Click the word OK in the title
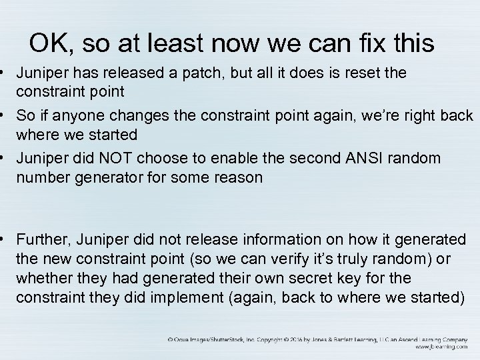pyautogui.click(x=46, y=44)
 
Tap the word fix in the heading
pyautogui.click(x=371, y=44)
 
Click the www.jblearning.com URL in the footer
pyautogui.click(x=440, y=346)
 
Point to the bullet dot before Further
pyautogui.click(x=5, y=238)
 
